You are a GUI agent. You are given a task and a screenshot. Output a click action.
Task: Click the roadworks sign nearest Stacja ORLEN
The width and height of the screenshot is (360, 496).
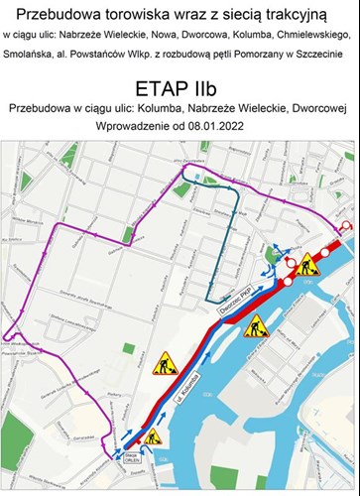click(153, 436)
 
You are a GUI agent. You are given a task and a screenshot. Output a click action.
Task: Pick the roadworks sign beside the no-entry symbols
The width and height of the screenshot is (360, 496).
click(308, 264)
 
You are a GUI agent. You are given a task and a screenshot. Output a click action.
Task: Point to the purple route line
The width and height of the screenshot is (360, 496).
click(40, 298)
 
